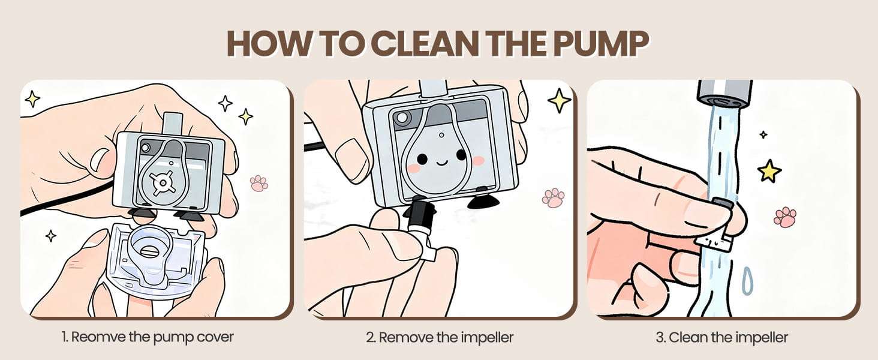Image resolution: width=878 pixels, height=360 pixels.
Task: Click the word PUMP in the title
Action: click(602, 43)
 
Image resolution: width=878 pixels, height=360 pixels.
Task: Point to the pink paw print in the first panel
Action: click(258, 183)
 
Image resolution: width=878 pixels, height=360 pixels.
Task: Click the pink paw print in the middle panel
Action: click(554, 197)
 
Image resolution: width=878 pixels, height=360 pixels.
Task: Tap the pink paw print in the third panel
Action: click(785, 217)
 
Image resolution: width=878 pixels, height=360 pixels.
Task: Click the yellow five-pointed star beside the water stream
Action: click(769, 170)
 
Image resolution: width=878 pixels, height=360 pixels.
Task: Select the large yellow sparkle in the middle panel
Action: click(560, 100)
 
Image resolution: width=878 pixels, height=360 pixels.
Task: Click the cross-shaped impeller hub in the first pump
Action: click(161, 182)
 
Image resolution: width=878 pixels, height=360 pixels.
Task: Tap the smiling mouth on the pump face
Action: click(442, 162)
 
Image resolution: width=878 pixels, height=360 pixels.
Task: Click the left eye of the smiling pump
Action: click(422, 159)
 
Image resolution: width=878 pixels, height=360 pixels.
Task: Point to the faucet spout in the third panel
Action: click(724, 94)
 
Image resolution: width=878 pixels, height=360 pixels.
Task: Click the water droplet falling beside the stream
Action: click(747, 281)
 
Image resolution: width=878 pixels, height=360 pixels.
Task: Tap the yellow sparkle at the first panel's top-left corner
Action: click(32, 98)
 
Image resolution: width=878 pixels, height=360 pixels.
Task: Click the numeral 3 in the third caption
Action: click(659, 337)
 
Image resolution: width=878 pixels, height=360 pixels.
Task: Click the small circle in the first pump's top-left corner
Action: click(145, 148)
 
